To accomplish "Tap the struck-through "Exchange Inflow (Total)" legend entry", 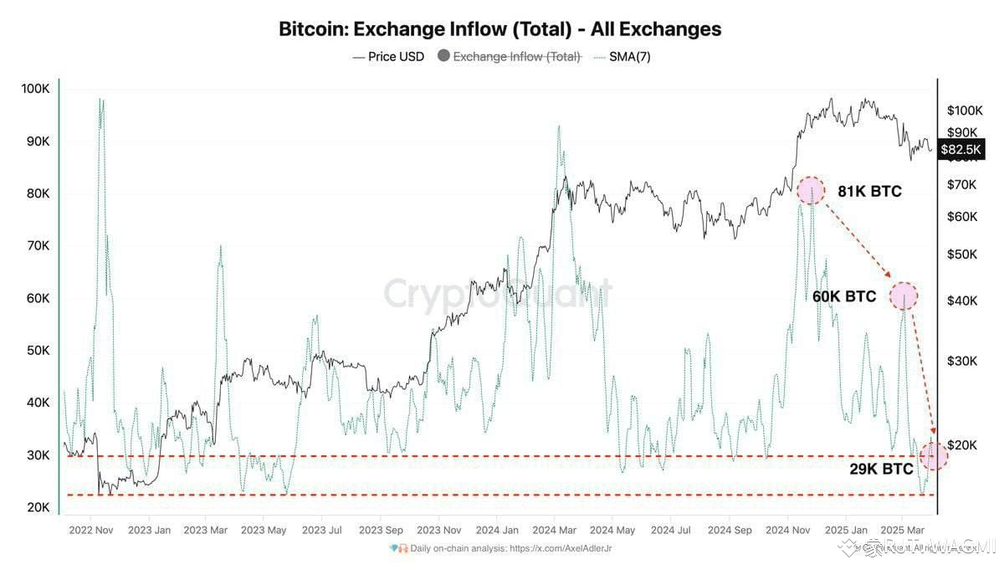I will pyautogui.click(x=516, y=57).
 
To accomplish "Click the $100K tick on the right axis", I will pyautogui.click(x=965, y=110).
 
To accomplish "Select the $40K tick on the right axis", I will pyautogui.click(x=962, y=300).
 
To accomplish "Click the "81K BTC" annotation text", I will pyautogui.click(x=869, y=192).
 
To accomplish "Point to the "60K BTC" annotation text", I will pyautogui.click(x=844, y=296).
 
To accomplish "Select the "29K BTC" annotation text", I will pyautogui.click(x=881, y=469).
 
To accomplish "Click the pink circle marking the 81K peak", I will pyautogui.click(x=810, y=191).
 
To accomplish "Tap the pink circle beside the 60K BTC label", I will pyautogui.click(x=904, y=295).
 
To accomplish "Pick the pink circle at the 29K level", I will pyautogui.click(x=934, y=455).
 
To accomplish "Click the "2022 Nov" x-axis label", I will pyautogui.click(x=91, y=530).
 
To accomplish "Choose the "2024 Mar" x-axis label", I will pyautogui.click(x=554, y=530).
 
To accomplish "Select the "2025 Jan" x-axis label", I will pyautogui.click(x=845, y=530).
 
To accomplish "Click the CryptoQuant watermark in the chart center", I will pyautogui.click(x=498, y=295).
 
